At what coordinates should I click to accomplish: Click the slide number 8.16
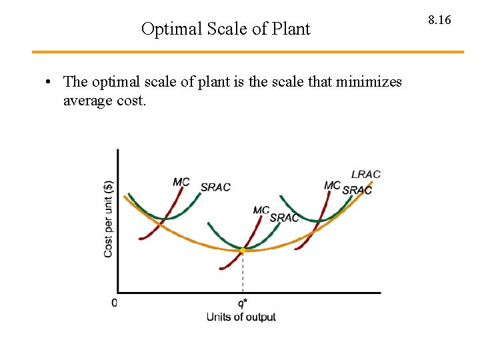[x=439, y=20]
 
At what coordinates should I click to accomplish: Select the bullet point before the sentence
[x=49, y=83]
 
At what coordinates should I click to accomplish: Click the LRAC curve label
[x=365, y=174]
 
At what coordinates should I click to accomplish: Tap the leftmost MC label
[x=181, y=182]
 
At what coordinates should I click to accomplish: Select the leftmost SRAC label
[x=215, y=187]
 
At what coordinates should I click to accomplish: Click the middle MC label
[x=261, y=211]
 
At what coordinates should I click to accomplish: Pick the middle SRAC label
[x=284, y=218]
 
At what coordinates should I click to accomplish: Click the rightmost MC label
[x=332, y=185]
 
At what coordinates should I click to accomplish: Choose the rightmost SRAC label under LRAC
[x=357, y=190]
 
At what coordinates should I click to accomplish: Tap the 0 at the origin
[x=114, y=303]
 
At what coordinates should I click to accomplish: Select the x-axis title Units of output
[x=241, y=317]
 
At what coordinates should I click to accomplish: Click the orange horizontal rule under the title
[x=247, y=52]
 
